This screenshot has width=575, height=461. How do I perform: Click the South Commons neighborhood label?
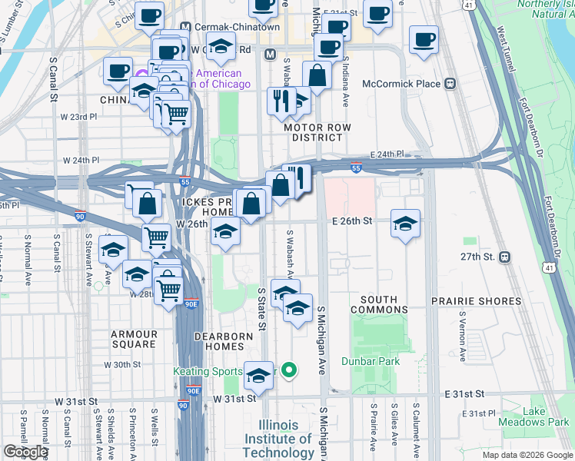(379, 304)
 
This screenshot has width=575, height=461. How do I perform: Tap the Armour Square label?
(134, 339)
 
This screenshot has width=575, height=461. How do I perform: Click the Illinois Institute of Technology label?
(278, 439)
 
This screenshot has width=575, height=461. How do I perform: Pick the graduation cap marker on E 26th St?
(405, 224)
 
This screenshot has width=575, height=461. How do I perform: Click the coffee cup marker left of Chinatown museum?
(118, 71)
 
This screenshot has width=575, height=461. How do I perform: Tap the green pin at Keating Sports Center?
(289, 371)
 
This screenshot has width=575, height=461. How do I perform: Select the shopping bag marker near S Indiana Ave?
(317, 76)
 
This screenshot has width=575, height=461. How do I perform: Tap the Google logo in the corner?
(25, 452)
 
